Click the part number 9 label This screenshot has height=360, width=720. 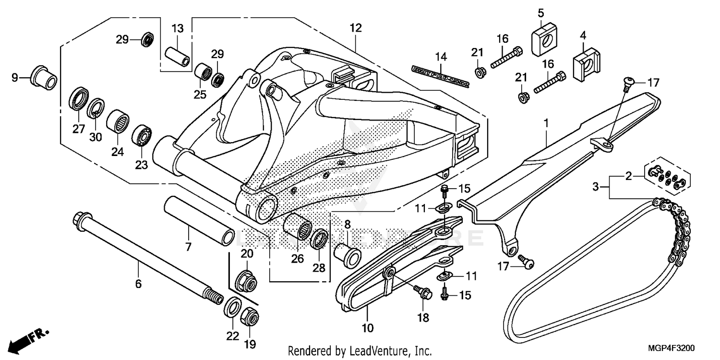14,77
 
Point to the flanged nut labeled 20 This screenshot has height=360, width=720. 246,280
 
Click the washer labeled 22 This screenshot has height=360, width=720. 233,308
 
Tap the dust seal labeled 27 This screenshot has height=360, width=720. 78,99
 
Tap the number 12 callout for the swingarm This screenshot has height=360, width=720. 355,28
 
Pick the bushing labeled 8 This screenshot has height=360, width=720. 347,254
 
